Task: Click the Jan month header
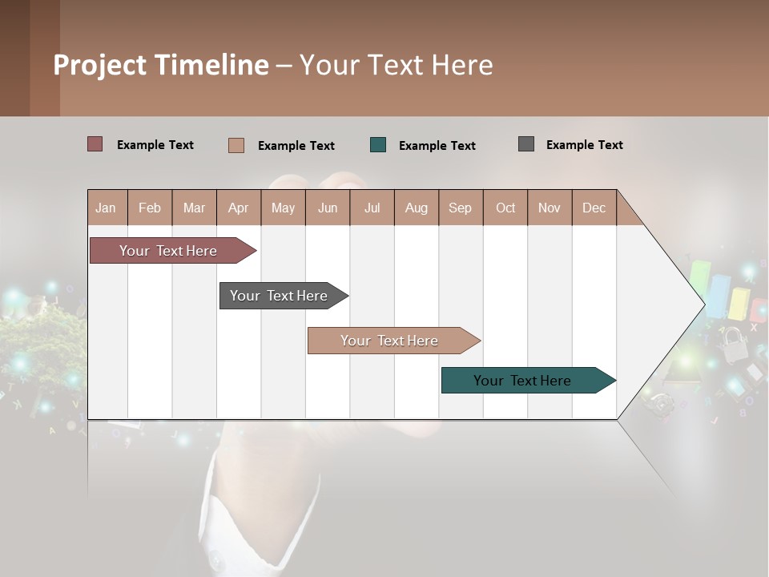(106, 208)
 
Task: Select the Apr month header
(238, 208)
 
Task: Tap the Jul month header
(372, 208)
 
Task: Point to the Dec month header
(594, 208)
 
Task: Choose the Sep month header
(460, 208)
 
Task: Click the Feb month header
(150, 208)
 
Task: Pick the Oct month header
(505, 208)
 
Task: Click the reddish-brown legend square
(95, 144)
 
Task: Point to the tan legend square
(236, 145)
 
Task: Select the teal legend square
(378, 145)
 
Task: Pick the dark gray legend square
(526, 144)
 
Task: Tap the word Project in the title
(100, 65)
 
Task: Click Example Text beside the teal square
(437, 146)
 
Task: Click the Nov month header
(550, 208)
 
